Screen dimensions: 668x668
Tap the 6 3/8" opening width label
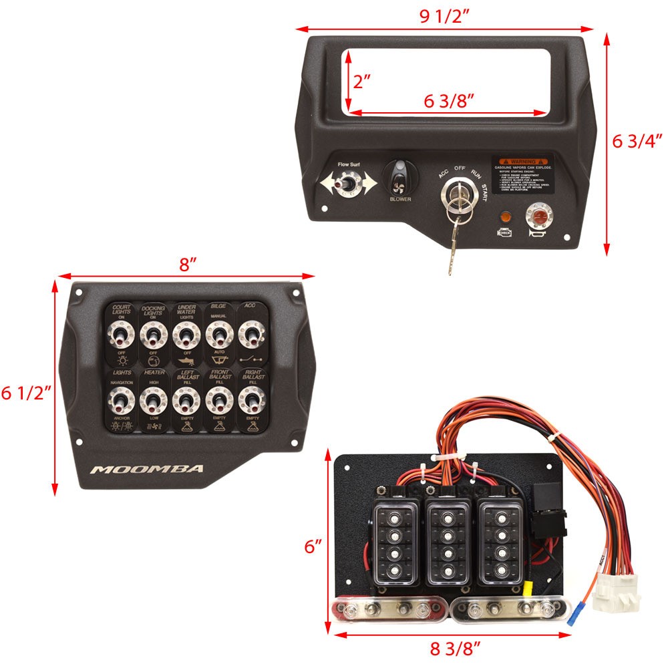(449, 101)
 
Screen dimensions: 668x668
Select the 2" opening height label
(361, 81)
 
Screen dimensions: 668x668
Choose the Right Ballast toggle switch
(251, 402)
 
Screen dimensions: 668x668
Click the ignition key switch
(458, 199)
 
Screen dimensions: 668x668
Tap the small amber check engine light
(505, 217)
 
